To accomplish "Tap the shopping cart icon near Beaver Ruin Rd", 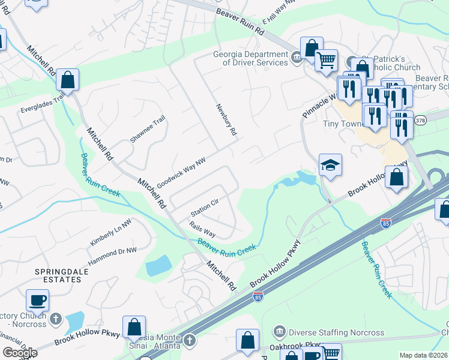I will coord(326,61).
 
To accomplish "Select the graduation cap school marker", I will coord(330,165).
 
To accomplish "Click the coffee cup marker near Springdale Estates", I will coord(37,300).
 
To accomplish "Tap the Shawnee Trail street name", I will coord(148,130).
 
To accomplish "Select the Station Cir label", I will coord(204,208).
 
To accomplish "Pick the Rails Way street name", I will coord(202,230).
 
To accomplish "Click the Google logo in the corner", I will coord(20,353).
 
